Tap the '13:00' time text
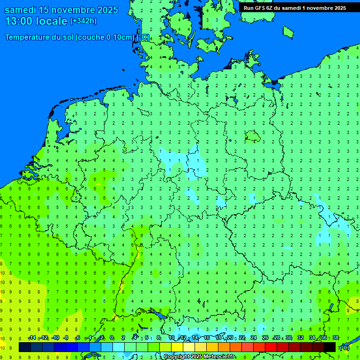point(19,21)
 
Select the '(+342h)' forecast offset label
point(83,21)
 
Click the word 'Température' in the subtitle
point(29,37)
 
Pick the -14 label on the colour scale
point(32,338)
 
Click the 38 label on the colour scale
point(336,338)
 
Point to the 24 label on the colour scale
point(254,338)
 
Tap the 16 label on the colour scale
point(207,338)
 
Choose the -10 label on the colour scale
point(55,338)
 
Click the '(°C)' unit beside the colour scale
point(344,347)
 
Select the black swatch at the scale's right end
point(330,347)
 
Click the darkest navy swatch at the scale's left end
point(25,347)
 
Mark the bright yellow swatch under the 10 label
point(177,347)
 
